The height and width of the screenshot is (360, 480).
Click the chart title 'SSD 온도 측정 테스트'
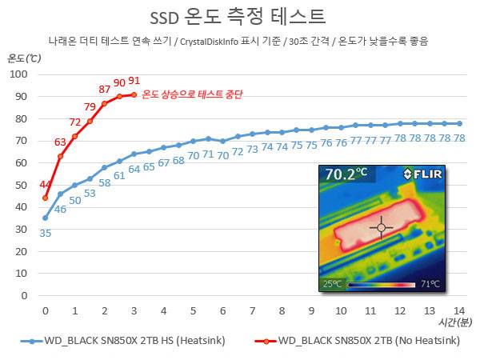tap(237, 17)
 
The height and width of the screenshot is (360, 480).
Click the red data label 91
tap(134, 81)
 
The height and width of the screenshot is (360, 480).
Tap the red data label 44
tap(46, 186)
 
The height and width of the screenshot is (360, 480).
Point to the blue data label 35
tap(46, 233)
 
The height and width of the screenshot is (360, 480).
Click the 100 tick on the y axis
tap(18, 74)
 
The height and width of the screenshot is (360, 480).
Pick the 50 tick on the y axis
tap(20, 185)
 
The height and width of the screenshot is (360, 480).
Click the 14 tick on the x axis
tap(459, 310)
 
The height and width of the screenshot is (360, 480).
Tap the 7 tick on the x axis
tap(252, 310)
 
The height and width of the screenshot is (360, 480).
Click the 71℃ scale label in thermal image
tap(430, 284)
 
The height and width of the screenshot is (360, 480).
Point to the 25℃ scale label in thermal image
tap(332, 284)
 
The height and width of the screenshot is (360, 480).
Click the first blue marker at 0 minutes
tap(46, 218)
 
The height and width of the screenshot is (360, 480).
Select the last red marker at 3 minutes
tap(134, 94)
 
